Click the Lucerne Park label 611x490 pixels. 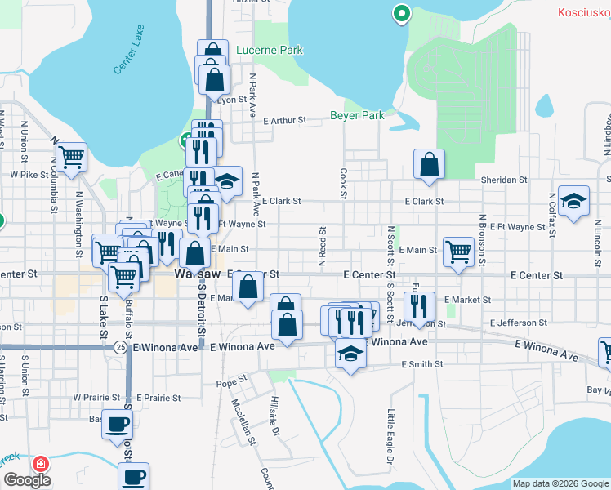[x=269, y=51]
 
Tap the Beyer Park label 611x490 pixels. [x=357, y=116]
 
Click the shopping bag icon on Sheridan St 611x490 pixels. [x=429, y=165]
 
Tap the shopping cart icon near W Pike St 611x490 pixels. [x=71, y=157]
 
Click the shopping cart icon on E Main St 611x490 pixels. [x=459, y=252]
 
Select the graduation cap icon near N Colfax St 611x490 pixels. [x=574, y=203]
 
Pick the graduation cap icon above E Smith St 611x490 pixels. [x=350, y=354]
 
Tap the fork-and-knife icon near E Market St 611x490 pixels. [x=418, y=307]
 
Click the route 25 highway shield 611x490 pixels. [x=120, y=347]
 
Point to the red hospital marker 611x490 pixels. [x=38, y=463]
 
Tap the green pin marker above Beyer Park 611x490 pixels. [x=401, y=13]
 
